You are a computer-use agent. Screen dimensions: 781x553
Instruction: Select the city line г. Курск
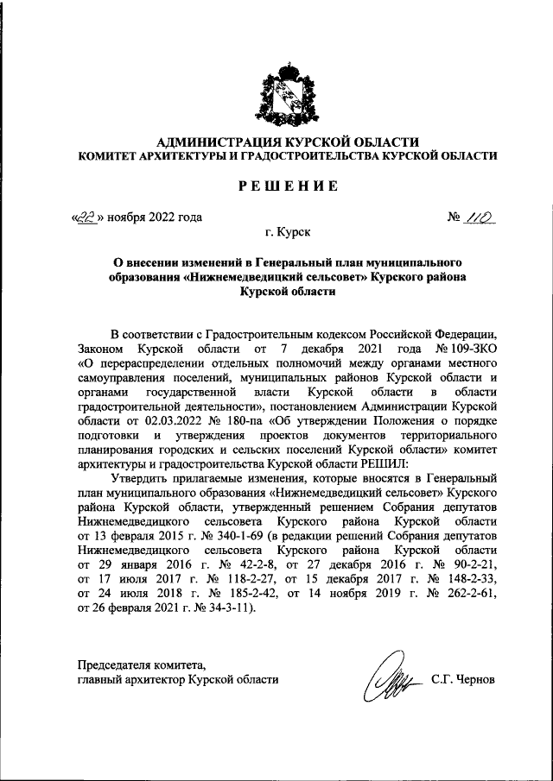pos(288,232)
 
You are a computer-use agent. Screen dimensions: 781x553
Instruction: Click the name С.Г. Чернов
pos(463,679)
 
